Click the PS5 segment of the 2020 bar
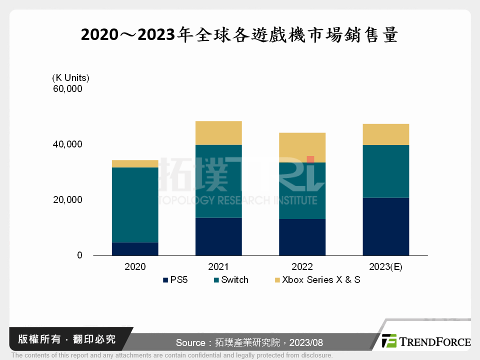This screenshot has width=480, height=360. [135, 248]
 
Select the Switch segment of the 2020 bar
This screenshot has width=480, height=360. [135, 204]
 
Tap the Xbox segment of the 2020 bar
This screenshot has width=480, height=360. [135, 163]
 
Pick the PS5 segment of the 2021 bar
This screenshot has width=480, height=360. [218, 236]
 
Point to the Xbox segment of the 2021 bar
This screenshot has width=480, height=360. [218, 133]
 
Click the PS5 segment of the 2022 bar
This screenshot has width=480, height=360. [302, 237]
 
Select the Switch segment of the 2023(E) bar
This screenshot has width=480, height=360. [385, 171]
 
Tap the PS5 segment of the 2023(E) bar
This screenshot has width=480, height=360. [385, 226]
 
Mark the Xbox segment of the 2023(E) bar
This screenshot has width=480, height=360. [385, 134]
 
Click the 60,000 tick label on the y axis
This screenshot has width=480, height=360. [67, 89]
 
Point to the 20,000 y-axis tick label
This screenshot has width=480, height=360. [67, 200]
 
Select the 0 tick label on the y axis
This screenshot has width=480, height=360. [79, 255]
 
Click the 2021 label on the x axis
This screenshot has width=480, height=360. [218, 267]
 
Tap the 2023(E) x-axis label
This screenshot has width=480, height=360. [385, 267]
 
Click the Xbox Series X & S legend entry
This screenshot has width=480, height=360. [316, 280]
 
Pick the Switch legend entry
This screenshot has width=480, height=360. [231, 280]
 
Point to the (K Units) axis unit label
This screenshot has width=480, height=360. [70, 77]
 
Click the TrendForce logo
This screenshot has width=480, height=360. [426, 341]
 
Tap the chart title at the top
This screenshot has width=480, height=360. [239, 35]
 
